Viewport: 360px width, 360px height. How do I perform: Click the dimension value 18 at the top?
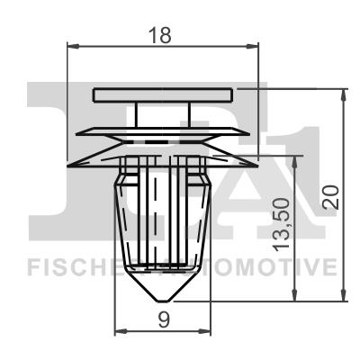tap(161, 35)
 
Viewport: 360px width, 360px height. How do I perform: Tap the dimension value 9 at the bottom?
tap(164, 320)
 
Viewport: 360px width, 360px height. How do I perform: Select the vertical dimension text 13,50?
tap(282, 224)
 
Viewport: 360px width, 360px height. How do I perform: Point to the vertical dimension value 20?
tap(330, 197)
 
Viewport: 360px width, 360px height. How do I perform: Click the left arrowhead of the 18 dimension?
tap(73, 46)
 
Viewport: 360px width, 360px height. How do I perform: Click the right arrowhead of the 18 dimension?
tap(252, 46)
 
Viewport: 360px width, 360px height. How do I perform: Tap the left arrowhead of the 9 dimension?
tap(121, 332)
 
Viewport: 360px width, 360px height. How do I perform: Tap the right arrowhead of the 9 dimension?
tap(205, 332)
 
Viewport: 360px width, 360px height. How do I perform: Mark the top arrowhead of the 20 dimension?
tap(344, 95)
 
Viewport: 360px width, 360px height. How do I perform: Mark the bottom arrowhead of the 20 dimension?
tap(344, 295)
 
